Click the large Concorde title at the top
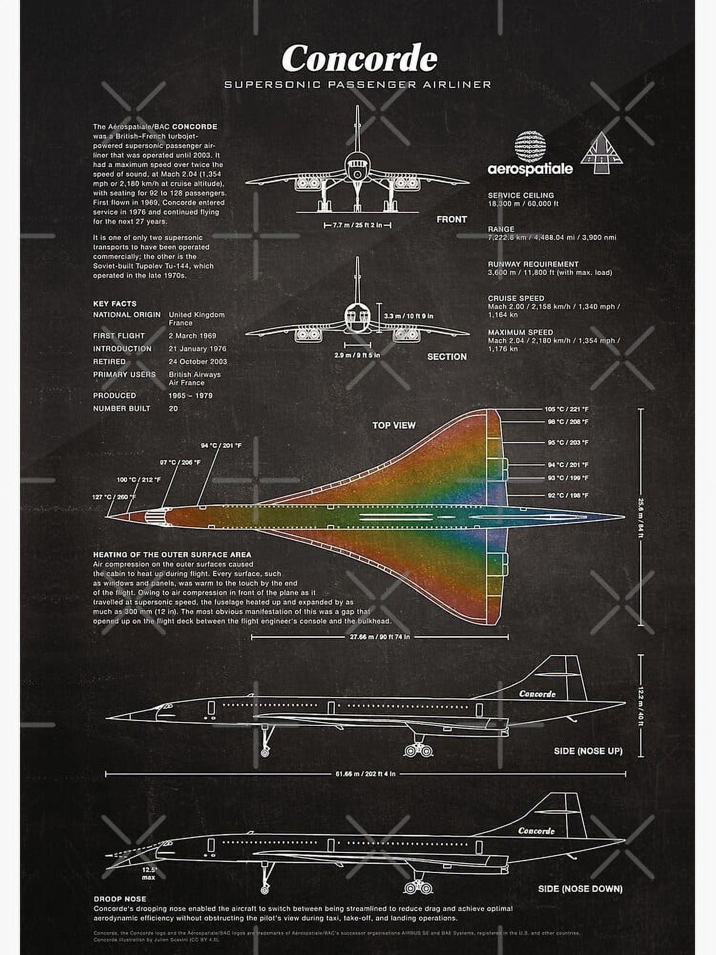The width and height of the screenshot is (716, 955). click(x=359, y=58)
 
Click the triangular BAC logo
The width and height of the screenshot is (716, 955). click(x=601, y=152)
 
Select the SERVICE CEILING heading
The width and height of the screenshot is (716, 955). click(x=521, y=195)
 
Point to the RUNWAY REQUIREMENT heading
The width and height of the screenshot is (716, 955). click(x=533, y=264)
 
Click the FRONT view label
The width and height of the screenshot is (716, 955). click(x=452, y=219)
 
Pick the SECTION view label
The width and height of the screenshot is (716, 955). click(x=447, y=357)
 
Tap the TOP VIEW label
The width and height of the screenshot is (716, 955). click(x=394, y=425)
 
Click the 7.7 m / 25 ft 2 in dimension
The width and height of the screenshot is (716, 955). click(x=358, y=225)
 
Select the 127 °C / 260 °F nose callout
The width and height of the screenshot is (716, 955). click(x=114, y=497)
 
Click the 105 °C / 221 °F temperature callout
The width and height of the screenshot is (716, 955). click(x=567, y=409)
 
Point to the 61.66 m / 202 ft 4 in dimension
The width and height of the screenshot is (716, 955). click(x=365, y=774)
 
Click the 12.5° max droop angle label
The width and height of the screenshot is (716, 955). click(x=149, y=873)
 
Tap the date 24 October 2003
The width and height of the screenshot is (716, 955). click(x=198, y=361)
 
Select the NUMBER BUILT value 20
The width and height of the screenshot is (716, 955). click(x=173, y=409)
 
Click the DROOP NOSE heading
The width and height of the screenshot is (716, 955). click(x=120, y=899)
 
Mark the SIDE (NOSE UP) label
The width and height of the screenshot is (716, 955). click(x=588, y=751)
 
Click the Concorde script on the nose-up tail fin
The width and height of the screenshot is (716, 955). click(x=537, y=694)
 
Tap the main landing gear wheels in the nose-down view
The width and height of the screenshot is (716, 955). click(x=418, y=888)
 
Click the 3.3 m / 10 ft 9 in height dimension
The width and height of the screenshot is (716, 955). click(x=409, y=316)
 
